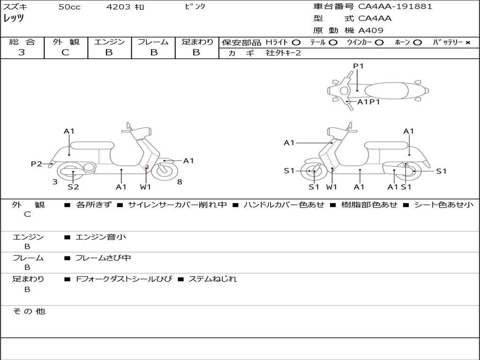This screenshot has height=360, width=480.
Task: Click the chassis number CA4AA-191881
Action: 395,7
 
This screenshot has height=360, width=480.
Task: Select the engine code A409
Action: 371,30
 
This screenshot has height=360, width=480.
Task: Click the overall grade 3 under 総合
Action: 22,52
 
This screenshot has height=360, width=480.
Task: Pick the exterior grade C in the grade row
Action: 65,52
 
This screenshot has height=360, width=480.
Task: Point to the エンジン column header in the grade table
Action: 109,42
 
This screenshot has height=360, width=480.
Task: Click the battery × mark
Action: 468,43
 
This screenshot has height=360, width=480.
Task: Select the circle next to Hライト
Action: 296,43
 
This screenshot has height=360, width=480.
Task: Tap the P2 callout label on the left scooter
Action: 37,164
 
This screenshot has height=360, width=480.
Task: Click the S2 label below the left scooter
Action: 73,187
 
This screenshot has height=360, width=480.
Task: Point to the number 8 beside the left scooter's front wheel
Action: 180,182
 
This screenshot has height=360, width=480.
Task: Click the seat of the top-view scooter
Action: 386,90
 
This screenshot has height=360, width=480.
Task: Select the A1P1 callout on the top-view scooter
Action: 368,102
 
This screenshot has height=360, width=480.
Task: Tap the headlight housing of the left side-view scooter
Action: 141,132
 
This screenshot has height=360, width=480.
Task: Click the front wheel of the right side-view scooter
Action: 314,171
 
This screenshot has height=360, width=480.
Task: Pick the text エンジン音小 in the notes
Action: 101,237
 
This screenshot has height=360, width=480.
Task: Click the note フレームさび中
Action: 103,258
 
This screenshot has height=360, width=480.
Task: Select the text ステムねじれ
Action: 213,279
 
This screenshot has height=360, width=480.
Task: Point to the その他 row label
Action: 29,311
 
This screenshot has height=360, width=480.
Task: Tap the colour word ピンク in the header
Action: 195,6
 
